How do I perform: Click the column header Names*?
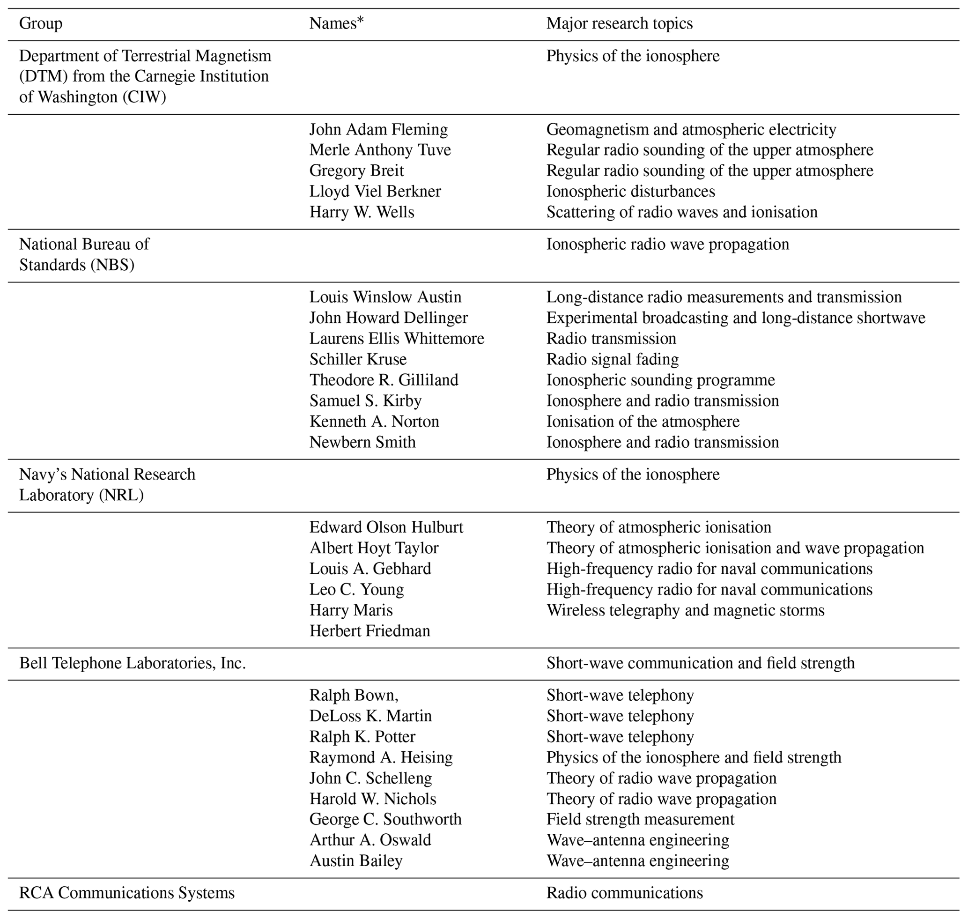[x=337, y=23]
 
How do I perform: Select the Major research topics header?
[x=619, y=23]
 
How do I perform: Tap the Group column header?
[x=41, y=23]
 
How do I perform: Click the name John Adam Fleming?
[x=378, y=129]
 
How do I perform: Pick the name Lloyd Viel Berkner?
[x=375, y=191]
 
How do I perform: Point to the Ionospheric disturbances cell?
[x=630, y=191]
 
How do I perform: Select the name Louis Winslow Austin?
[x=385, y=297]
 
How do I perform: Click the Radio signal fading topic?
[x=613, y=359]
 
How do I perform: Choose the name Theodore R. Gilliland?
[x=384, y=380]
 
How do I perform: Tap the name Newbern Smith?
[x=362, y=442]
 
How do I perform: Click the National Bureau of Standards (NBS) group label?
[x=84, y=254]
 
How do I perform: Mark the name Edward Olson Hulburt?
[x=386, y=527]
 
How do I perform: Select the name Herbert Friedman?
[x=369, y=630]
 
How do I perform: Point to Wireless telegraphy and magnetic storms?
[x=685, y=610]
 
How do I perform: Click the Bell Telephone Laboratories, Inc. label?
[x=132, y=663]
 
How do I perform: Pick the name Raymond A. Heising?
[x=381, y=757]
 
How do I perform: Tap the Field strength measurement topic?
[x=640, y=819]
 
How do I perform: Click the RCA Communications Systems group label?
[x=127, y=893]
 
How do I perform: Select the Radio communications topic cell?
[x=625, y=893]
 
